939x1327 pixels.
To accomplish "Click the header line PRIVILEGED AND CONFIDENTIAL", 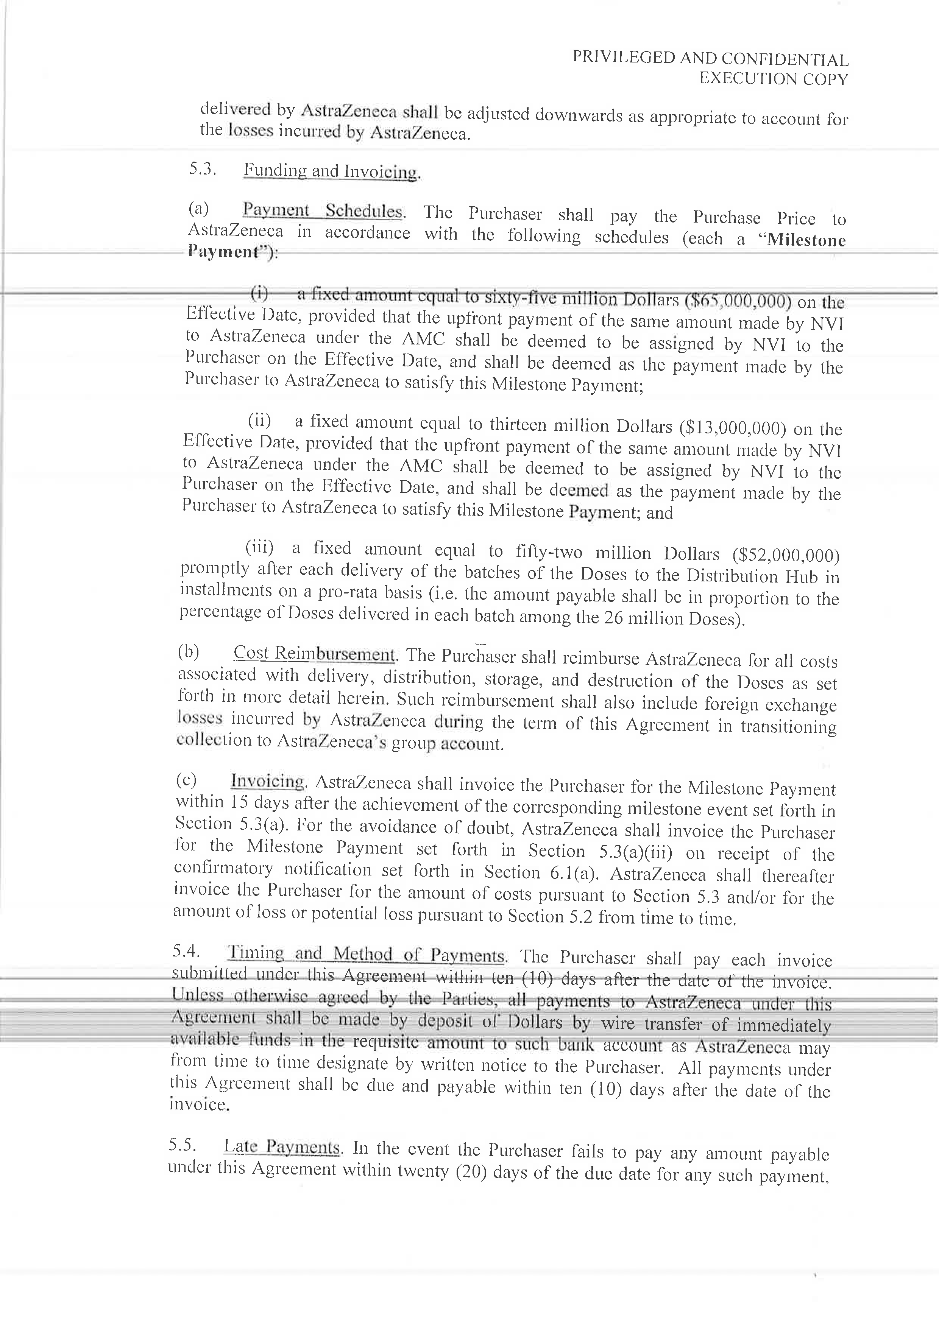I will click(x=710, y=58).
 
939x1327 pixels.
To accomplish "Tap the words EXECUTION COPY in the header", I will click(x=773, y=79).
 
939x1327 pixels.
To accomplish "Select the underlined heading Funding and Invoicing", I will click(x=330, y=171).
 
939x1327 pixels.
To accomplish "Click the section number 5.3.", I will click(x=202, y=169).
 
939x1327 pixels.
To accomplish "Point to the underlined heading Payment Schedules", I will click(x=322, y=210).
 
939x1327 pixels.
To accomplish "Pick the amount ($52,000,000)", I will click(x=785, y=555).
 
